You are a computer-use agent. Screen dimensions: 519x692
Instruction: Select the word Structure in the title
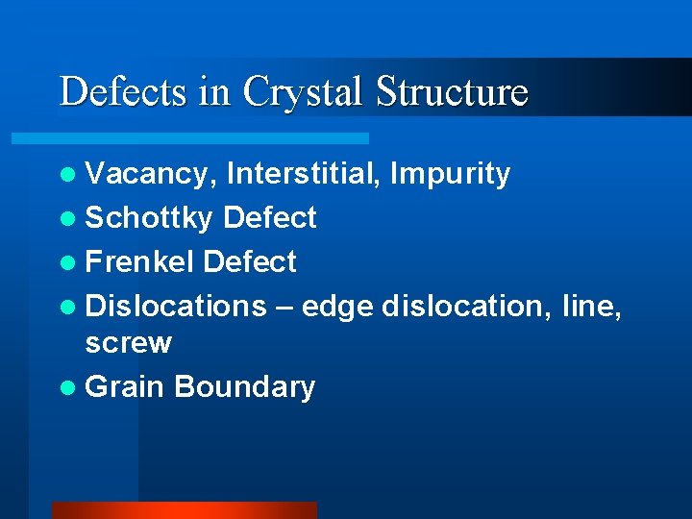[453, 92]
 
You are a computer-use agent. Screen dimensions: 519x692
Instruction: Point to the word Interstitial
[296, 174]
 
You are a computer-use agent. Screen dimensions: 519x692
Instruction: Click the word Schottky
[149, 218]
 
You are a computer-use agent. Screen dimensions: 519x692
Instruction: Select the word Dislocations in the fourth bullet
[176, 306]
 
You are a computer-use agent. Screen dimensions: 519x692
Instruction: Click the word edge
[337, 306]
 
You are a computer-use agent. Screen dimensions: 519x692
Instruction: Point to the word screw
[129, 343]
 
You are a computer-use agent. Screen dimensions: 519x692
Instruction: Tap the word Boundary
[245, 386]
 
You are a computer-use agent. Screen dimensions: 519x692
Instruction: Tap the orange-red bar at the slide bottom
[184, 510]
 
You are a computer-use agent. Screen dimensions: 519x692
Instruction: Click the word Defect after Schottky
[269, 218]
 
